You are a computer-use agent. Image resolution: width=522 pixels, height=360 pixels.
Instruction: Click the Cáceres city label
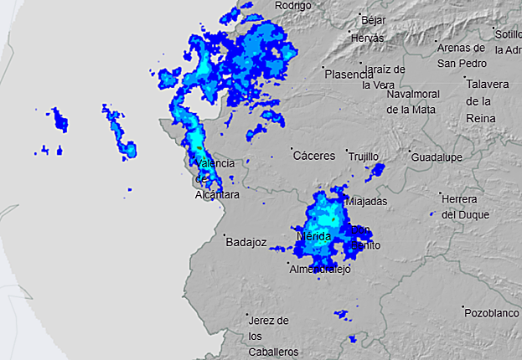coord(314,156)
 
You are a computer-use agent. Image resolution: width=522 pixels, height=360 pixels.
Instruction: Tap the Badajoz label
coord(245,243)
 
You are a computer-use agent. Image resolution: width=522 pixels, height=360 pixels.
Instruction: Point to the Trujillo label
coord(363,157)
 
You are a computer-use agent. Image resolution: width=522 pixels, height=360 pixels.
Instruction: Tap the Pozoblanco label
coord(493,311)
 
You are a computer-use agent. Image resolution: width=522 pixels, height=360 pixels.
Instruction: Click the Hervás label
coord(367,39)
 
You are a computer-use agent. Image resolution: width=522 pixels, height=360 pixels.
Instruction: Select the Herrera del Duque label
coord(459,206)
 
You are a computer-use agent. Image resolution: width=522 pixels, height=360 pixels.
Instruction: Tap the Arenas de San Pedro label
coord(462,54)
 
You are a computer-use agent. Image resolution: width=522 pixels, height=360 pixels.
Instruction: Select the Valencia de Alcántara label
coord(215,178)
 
